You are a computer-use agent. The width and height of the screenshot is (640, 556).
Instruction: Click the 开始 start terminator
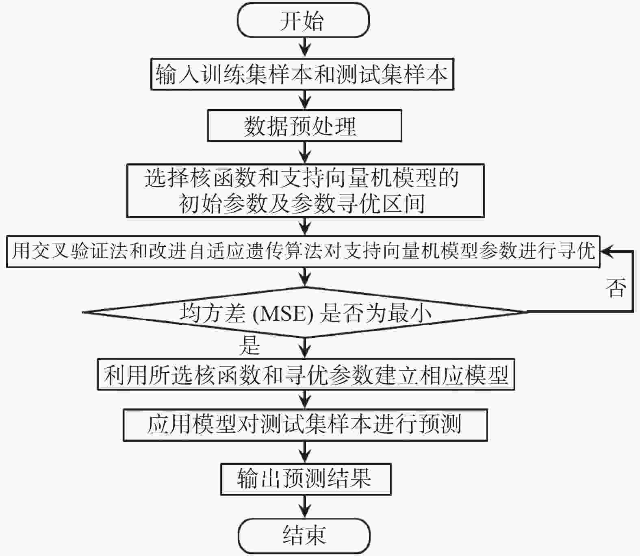(304, 20)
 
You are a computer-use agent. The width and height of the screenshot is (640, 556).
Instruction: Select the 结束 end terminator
(304, 536)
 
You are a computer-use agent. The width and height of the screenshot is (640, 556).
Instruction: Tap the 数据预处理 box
(304, 126)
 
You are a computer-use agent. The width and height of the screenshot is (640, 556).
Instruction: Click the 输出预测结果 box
(306, 479)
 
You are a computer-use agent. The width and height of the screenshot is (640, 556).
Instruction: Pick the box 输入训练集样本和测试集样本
(302, 74)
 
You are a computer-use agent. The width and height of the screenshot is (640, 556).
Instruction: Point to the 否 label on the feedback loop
(616, 288)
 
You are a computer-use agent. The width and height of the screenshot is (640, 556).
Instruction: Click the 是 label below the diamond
(249, 345)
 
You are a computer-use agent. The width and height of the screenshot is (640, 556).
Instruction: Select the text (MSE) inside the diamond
(283, 313)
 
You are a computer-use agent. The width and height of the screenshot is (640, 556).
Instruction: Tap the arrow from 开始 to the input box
(305, 47)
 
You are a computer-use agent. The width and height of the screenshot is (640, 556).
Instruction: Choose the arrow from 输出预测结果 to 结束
(305, 507)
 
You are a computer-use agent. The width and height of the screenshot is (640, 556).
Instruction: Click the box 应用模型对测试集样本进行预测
(305, 425)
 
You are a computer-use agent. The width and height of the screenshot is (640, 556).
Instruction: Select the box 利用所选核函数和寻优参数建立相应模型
(306, 374)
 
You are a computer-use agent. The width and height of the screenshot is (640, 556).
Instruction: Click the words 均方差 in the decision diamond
(213, 313)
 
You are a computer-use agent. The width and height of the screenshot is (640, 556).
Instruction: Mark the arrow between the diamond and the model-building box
(305, 347)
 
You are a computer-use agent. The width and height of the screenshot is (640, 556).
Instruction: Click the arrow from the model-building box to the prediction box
(305, 400)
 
